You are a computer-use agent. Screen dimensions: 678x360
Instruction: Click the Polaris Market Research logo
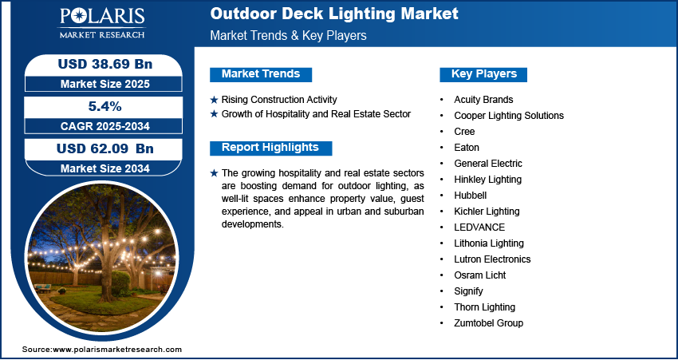pyautogui.click(x=102, y=23)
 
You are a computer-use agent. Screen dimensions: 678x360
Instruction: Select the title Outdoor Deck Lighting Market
pyautogui.click(x=334, y=14)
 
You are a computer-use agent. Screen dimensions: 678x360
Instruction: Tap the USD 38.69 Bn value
pyautogui.click(x=105, y=64)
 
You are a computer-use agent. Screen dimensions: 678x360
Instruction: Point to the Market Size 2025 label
pyautogui.click(x=105, y=84)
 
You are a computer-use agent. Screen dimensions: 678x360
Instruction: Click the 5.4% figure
pyautogui.click(x=103, y=106)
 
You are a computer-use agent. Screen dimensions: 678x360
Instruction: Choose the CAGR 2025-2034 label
pyautogui.click(x=105, y=126)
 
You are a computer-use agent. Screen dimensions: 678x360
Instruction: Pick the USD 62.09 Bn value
pyautogui.click(x=105, y=148)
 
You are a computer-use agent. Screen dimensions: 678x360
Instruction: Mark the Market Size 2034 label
pyautogui.click(x=105, y=168)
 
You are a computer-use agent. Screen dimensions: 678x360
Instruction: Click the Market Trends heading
pyautogui.click(x=261, y=74)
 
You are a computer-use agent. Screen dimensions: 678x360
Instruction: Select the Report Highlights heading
pyautogui.click(x=270, y=148)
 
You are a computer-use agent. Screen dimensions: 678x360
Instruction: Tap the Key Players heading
pyautogui.click(x=484, y=74)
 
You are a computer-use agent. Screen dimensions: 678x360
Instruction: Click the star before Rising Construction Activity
pyautogui.click(x=214, y=100)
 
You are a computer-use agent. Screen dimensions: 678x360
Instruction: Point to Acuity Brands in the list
pyautogui.click(x=483, y=100)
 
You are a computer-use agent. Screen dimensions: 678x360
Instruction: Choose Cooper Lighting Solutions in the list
pyautogui.click(x=509, y=116)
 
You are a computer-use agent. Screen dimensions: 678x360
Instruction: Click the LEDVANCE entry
pyautogui.click(x=479, y=227)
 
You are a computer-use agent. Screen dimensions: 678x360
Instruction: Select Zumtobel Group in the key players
pyautogui.click(x=489, y=322)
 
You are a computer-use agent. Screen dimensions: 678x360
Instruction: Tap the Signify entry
pyautogui.click(x=469, y=291)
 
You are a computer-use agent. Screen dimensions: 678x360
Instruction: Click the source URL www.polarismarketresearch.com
pyautogui.click(x=117, y=349)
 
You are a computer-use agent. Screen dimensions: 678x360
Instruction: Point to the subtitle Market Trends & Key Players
pyautogui.click(x=289, y=35)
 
